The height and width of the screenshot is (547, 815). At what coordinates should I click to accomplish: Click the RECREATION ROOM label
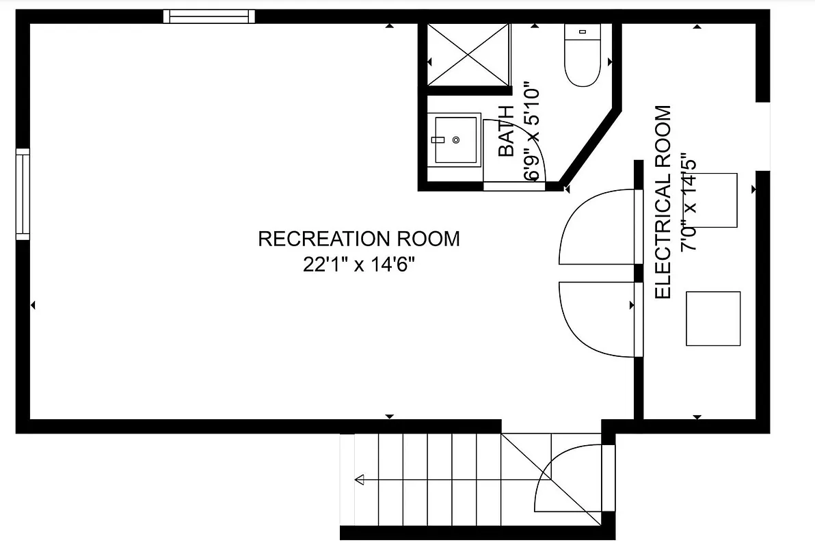click(359, 239)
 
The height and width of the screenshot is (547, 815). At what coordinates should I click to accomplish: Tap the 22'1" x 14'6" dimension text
click(359, 265)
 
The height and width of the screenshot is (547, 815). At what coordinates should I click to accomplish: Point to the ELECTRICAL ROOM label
click(663, 202)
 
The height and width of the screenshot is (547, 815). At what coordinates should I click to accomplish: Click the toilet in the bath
click(583, 56)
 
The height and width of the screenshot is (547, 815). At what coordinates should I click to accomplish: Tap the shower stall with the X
click(468, 55)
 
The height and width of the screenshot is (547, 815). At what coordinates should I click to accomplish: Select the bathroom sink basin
click(456, 139)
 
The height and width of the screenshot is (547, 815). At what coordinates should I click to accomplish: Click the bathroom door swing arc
click(523, 150)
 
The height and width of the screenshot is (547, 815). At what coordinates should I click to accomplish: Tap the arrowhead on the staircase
click(359, 480)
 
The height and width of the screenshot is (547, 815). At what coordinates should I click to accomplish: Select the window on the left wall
click(23, 194)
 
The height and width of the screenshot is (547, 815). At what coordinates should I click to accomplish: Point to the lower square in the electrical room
click(713, 319)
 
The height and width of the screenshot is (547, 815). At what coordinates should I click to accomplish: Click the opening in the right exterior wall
click(763, 136)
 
